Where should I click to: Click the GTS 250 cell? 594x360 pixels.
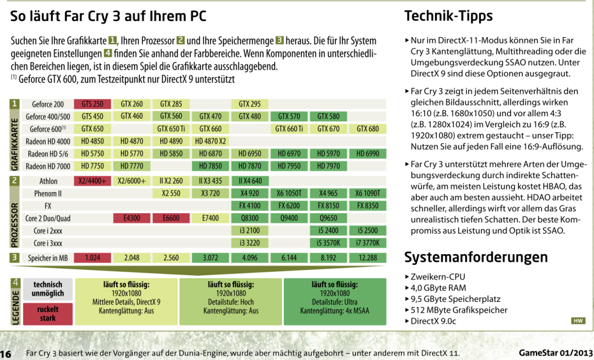[x=92, y=104]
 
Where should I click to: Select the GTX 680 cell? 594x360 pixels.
[x=368, y=129]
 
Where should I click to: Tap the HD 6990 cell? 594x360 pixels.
[x=368, y=153]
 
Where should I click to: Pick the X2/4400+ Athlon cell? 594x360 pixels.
[x=92, y=181]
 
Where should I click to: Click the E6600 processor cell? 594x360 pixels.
[x=171, y=218]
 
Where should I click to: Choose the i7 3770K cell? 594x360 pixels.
[x=368, y=243]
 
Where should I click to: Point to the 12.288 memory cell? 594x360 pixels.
[x=368, y=258]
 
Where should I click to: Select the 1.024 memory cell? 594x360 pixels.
[x=92, y=258]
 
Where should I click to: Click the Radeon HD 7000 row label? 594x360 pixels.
[x=48, y=166]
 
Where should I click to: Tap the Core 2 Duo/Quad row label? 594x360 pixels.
[x=48, y=218]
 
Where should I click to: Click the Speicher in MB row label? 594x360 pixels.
[x=48, y=258]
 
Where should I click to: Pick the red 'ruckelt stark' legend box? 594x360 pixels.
[x=48, y=314]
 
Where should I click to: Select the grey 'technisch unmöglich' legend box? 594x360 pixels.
[x=48, y=289]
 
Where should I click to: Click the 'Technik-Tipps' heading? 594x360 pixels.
[x=448, y=16]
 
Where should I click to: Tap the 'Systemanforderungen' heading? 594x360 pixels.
[x=476, y=257]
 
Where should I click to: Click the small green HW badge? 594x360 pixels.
[x=578, y=321]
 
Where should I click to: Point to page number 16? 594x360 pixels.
[x=6, y=354]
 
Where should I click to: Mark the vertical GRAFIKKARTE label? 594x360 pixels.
[x=15, y=144]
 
